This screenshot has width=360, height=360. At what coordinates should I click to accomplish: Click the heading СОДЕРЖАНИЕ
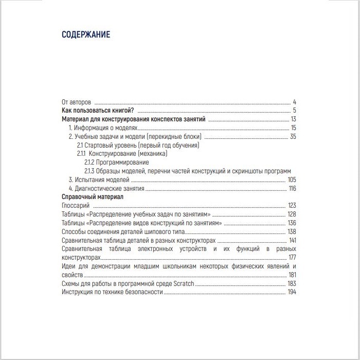point(85,35)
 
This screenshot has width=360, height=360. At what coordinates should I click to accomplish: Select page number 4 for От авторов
point(294,102)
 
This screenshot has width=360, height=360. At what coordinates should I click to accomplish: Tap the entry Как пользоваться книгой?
point(98,111)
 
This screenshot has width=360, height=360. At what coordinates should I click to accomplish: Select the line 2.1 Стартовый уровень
point(137,145)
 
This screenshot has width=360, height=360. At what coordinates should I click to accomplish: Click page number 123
point(292,206)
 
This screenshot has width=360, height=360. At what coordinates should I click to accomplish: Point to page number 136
point(292,223)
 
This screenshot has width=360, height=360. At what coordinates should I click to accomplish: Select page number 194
point(292,292)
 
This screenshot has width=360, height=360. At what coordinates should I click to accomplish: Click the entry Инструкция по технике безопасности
point(112,292)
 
